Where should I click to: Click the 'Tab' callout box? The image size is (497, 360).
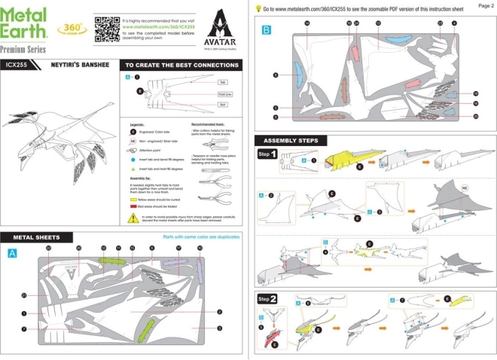pos(222,81)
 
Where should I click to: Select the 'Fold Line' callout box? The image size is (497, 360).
pos(224,94)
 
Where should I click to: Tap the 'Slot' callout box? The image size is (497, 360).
pos(222,106)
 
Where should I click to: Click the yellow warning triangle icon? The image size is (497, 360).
pos(132,217)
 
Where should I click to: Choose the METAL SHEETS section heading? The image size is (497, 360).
pos(37,236)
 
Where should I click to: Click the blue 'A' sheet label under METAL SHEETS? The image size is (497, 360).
pos(12,254)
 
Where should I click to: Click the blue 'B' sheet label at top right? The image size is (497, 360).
pos(266,30)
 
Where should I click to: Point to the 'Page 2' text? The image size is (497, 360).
pos(486,5)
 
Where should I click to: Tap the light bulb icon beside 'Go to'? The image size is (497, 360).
pos(258,8)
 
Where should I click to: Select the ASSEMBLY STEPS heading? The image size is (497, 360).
pos(290,141)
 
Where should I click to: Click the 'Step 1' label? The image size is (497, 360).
pos(269,154)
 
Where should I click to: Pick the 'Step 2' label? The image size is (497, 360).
pos(269,299)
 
